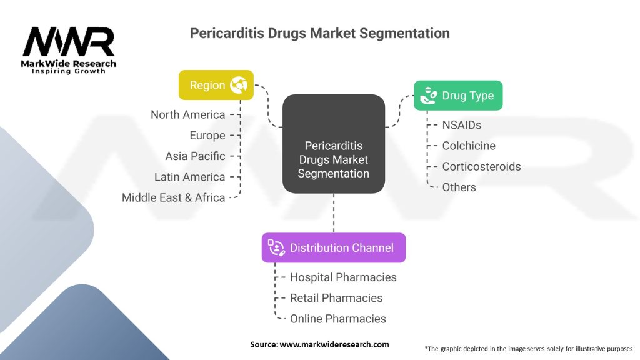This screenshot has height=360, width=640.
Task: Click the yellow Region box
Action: tap(216, 85)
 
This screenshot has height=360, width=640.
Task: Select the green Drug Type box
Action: tap(458, 96)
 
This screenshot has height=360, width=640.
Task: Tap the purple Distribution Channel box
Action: tap(333, 247)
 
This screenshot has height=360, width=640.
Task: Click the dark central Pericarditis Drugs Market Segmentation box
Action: tap(333, 143)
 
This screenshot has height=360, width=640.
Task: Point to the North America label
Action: tap(187, 114)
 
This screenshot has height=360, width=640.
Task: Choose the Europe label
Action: tap(207, 136)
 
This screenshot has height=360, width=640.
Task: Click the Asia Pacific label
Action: tap(195, 156)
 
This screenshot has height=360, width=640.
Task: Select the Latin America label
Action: tap(189, 177)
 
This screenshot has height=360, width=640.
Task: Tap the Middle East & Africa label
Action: tap(173, 197)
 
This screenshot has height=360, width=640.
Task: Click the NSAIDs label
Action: tap(461, 125)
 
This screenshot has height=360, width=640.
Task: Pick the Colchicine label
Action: tap(469, 146)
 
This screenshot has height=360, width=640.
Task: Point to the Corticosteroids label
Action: tap(481, 166)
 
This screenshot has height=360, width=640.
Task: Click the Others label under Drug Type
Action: tap(459, 187)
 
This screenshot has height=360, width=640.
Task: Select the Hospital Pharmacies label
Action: tap(343, 277)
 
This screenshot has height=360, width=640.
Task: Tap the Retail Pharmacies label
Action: tap(336, 297)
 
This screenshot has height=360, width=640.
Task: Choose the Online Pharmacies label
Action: tap(338, 319)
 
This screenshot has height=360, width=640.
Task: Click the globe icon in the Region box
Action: tap(239, 85)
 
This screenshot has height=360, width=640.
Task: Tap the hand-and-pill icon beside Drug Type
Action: tap(428, 96)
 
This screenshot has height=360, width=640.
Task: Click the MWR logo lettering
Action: tap(69, 42)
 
